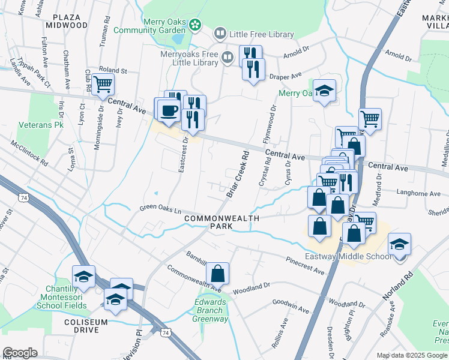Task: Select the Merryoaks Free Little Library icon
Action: click(x=228, y=58)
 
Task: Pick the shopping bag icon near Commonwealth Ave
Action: click(x=218, y=274)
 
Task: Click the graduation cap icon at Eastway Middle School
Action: click(x=399, y=244)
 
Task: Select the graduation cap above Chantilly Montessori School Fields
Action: click(x=84, y=277)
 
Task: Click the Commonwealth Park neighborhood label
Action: click(x=222, y=222)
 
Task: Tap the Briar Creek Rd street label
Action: click(x=238, y=174)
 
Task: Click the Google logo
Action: click(x=20, y=353)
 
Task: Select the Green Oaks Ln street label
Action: click(x=160, y=210)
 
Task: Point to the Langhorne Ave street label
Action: click(x=418, y=193)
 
